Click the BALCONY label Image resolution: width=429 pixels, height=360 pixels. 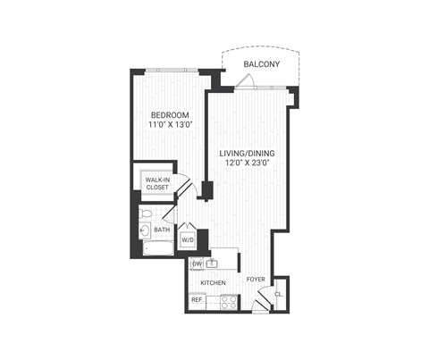pyautogui.click(x=262, y=64)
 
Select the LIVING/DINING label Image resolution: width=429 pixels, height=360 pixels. pyautogui.click(x=247, y=154)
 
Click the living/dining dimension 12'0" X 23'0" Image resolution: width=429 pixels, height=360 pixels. pyautogui.click(x=247, y=165)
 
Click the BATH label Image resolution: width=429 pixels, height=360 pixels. pyautogui.click(x=162, y=230)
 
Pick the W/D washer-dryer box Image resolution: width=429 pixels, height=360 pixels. pyautogui.click(x=188, y=240)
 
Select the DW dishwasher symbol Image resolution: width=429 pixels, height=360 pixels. pyautogui.click(x=197, y=264)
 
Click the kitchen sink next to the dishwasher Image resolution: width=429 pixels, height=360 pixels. pyautogui.click(x=214, y=264)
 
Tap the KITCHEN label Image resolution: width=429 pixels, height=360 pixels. pyautogui.click(x=213, y=283)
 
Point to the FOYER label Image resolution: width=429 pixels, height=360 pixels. pyautogui.click(x=257, y=279)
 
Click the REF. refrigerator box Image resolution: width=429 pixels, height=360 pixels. pyautogui.click(x=197, y=300)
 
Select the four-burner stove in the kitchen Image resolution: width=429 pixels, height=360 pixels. pyautogui.click(x=227, y=301)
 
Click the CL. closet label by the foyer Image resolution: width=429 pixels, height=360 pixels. pyautogui.click(x=279, y=294)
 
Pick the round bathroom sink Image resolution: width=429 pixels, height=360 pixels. pyautogui.click(x=145, y=231)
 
